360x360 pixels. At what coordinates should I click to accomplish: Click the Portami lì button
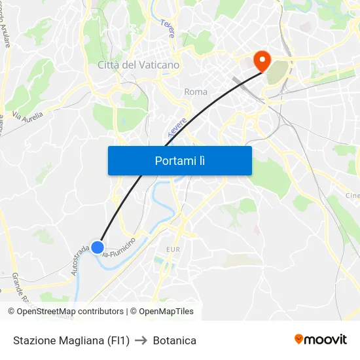coord(179,160)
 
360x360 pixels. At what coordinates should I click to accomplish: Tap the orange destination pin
coord(262,61)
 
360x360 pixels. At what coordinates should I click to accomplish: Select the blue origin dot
coord(97,247)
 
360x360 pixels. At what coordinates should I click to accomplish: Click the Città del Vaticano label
coord(138,65)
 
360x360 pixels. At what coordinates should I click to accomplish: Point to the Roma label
coord(196,92)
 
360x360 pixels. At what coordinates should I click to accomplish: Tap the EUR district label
coord(173,249)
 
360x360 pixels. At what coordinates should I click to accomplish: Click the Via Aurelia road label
coord(27,118)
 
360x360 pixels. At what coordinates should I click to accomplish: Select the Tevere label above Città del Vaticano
coord(168,28)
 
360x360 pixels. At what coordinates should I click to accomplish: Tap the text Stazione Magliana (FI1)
coord(71,340)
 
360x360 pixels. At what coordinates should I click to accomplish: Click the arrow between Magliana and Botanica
coord(141,340)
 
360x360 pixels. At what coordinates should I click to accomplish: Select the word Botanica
coord(175,340)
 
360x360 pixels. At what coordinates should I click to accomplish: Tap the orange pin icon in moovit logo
coord(299,339)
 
